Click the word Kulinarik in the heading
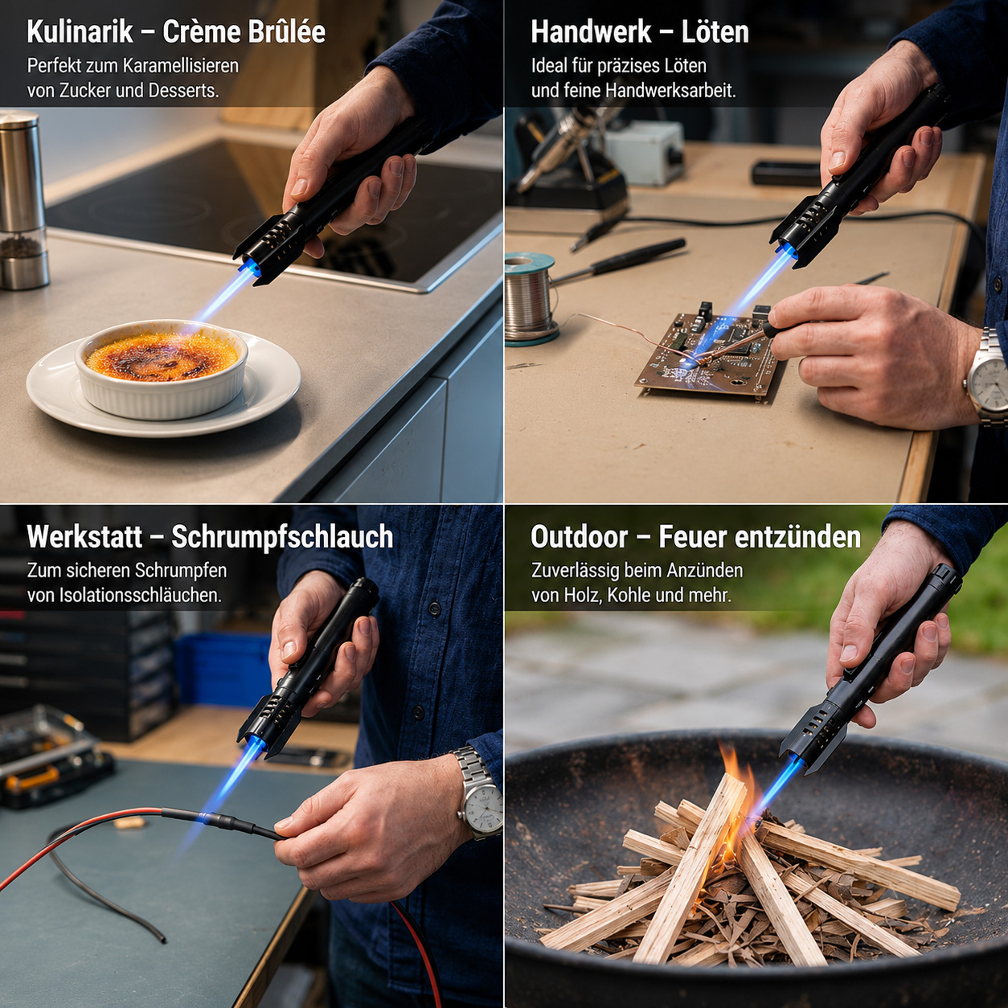80,32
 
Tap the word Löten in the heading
715,32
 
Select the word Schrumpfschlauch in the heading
282,536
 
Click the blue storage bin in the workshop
223,670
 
